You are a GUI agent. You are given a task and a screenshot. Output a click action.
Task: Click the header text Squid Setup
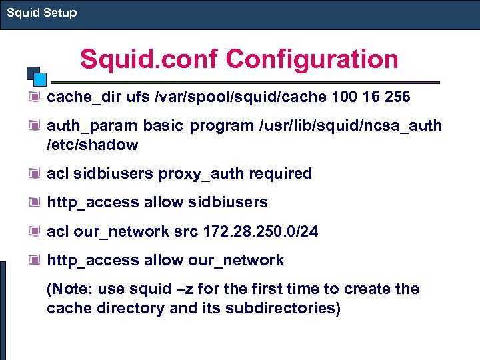click(41, 13)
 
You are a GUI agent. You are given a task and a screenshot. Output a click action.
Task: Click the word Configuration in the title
click(312, 59)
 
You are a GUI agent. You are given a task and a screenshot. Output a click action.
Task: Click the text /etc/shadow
click(92, 145)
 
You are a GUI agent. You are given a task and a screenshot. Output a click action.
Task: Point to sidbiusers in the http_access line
click(229, 202)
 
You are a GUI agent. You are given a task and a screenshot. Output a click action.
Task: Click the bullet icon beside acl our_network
click(34, 231)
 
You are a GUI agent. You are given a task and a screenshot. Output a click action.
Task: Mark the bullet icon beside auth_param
click(34, 126)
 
